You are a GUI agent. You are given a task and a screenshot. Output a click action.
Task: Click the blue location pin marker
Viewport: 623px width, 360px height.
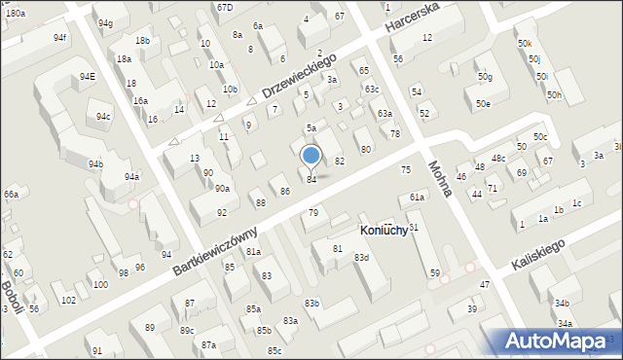coord(311,156)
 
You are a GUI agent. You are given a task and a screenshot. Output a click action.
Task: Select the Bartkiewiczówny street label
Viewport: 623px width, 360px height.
coord(216,251)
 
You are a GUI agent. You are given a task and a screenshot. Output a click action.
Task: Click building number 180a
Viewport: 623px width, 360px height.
coord(15,13)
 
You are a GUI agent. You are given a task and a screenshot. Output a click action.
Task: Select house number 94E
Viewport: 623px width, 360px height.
coord(88,76)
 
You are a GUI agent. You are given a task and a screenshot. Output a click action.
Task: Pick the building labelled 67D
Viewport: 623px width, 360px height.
coord(225,7)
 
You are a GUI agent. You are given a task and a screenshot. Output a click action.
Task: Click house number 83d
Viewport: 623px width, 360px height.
coord(361,257)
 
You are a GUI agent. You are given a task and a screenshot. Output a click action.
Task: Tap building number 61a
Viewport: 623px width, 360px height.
coord(417,198)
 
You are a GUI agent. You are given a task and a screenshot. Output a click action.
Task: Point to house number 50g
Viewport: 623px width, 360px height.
coord(484,77)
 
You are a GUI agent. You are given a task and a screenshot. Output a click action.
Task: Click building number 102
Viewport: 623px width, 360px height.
coord(68,300)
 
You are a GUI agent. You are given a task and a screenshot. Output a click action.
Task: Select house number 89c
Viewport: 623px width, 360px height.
coord(186,331)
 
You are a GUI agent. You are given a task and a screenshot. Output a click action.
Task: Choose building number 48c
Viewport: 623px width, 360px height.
coord(498,158)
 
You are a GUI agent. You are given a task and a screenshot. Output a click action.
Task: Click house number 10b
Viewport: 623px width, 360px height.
coord(230,89)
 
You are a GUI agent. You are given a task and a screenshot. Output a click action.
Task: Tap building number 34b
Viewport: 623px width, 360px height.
coord(563,304)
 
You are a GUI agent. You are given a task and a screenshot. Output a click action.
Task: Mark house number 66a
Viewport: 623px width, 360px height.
coord(11,195)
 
